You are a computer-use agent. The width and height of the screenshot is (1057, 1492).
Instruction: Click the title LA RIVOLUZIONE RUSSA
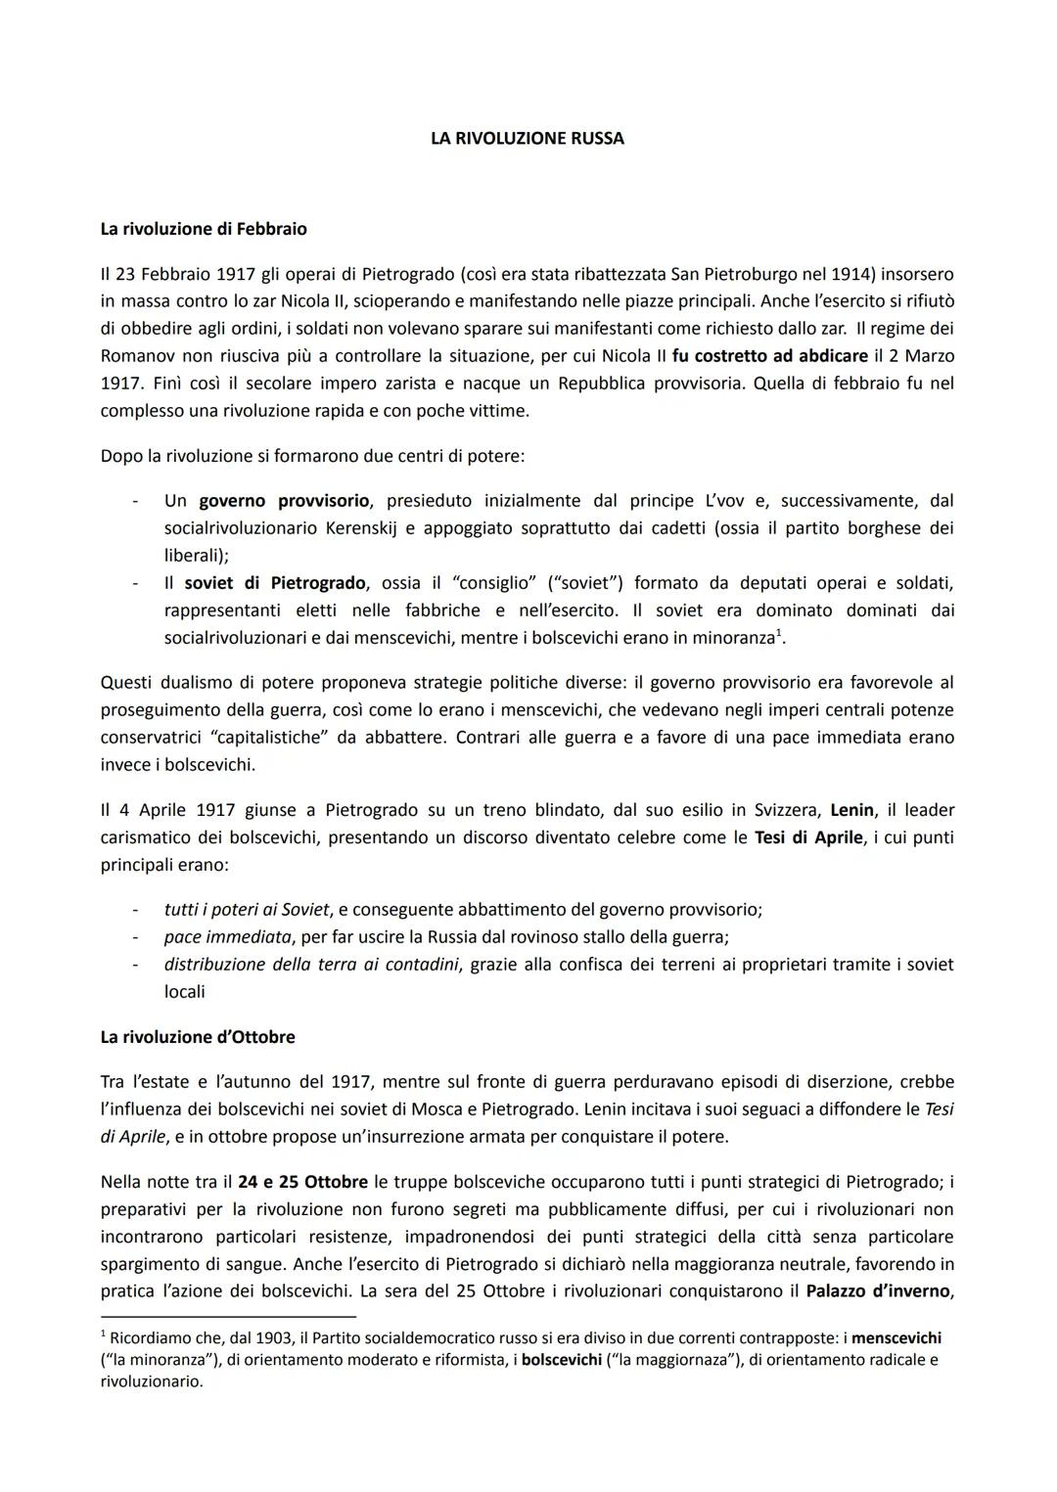[527, 139]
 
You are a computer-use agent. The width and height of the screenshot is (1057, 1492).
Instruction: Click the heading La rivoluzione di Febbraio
[204, 229]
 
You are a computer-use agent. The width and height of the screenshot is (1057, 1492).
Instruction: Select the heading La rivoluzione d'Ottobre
[198, 1036]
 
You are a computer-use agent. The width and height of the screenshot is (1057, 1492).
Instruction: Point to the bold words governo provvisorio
[284, 501]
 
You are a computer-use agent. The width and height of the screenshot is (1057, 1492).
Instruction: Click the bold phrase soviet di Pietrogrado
[275, 583]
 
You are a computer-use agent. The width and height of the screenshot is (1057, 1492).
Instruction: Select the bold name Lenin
[853, 810]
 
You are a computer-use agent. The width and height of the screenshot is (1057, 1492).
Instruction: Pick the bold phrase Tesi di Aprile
[809, 837]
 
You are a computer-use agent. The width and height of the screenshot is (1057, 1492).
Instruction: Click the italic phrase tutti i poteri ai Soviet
[247, 909]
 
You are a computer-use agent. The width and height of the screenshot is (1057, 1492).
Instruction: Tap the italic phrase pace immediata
[228, 936]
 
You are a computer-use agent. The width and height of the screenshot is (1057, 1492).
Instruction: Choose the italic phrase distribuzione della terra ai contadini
[311, 964]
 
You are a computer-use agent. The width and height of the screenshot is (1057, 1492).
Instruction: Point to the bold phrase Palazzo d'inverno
[879, 1290]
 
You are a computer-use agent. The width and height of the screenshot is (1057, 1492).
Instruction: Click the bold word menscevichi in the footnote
[896, 1337]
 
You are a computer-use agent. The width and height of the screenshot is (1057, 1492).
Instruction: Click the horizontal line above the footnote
[228, 1317]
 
